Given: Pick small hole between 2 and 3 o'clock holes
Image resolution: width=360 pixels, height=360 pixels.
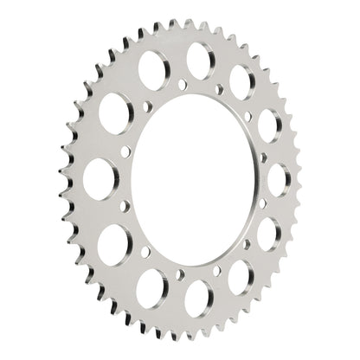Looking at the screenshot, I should point(263,157).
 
